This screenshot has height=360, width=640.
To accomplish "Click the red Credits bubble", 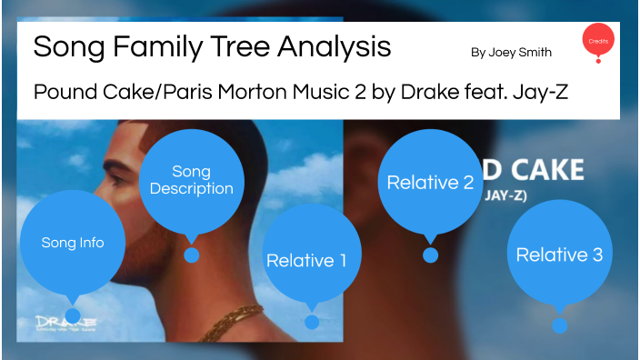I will [598, 40].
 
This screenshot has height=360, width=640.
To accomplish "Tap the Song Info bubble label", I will [73, 243].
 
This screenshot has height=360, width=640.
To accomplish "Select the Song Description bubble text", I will [191, 180].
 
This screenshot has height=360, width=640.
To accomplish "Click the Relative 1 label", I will [306, 261].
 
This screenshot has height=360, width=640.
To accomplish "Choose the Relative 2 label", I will [430, 182].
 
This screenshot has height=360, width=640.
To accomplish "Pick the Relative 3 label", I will [559, 255].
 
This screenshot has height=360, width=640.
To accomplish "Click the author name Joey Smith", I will [511, 53].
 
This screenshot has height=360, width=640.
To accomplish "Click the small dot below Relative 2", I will [431, 255].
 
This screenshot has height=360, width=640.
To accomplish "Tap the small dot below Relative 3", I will [560, 325].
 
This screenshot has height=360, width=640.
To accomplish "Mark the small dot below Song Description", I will [192, 255].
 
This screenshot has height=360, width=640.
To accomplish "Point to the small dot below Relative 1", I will [312, 322].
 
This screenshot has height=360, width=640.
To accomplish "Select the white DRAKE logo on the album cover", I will [66, 322].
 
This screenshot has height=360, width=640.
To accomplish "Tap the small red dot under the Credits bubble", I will [597, 61].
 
